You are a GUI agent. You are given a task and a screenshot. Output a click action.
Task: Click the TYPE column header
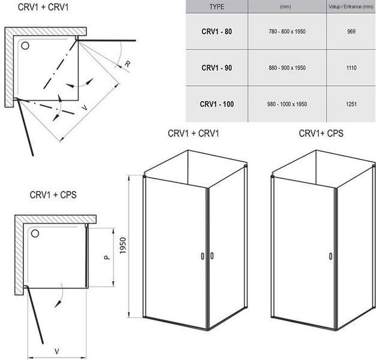[x=217, y=7]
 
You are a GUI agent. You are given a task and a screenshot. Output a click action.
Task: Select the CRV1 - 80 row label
[x=217, y=31]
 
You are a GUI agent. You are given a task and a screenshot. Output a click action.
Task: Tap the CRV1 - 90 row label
[x=217, y=68]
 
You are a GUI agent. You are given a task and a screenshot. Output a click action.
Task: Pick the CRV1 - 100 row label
[x=217, y=104]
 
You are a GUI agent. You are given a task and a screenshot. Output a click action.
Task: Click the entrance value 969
[x=351, y=31]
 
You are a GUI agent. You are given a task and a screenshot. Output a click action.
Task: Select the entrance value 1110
[x=351, y=68]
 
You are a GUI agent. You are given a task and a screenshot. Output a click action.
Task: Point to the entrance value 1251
[x=351, y=104]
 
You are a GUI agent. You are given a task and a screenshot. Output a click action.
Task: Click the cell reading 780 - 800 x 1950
[x=287, y=31]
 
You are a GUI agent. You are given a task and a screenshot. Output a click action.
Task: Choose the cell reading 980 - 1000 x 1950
[x=287, y=104]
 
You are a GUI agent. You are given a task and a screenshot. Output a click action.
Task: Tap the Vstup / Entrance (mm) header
[x=351, y=7]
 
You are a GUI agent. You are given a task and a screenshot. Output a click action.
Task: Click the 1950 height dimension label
[x=123, y=246]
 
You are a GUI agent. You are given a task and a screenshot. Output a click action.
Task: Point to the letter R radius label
[x=127, y=64]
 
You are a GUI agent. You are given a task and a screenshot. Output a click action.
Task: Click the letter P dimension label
[x=107, y=257]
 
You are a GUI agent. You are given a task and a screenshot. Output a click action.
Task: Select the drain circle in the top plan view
[x=25, y=46]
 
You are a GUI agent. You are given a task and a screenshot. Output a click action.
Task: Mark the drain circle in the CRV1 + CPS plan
[x=35, y=233]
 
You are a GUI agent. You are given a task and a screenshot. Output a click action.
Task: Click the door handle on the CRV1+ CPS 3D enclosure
[x=331, y=256]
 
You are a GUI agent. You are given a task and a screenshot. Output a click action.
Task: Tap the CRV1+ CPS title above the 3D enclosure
[x=321, y=133]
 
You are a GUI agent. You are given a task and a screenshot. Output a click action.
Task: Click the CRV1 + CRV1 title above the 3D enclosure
[x=193, y=133]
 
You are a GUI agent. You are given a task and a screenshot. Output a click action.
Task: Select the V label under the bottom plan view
[x=57, y=352]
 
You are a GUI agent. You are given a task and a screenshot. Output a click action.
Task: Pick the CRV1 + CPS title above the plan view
[x=53, y=195]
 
